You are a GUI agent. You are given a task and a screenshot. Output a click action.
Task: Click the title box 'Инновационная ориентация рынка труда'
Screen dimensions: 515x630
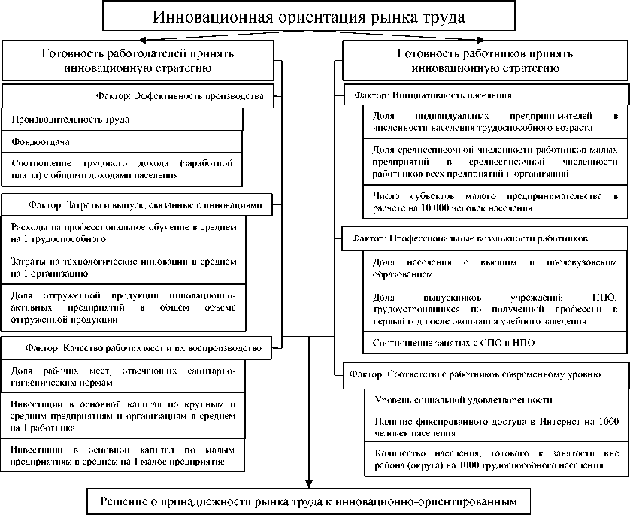(309, 17)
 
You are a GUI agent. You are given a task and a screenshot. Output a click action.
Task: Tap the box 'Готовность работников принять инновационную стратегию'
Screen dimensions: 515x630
(485, 60)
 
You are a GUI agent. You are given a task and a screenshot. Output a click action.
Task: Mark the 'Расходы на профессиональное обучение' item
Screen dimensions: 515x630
(124, 232)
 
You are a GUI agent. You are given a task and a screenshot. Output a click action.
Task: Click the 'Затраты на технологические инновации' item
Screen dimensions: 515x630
(124, 267)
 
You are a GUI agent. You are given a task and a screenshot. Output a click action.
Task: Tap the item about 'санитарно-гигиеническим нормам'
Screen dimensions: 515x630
(124, 377)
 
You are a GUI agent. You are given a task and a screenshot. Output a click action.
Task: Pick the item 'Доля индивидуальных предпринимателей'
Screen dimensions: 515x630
(495, 122)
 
